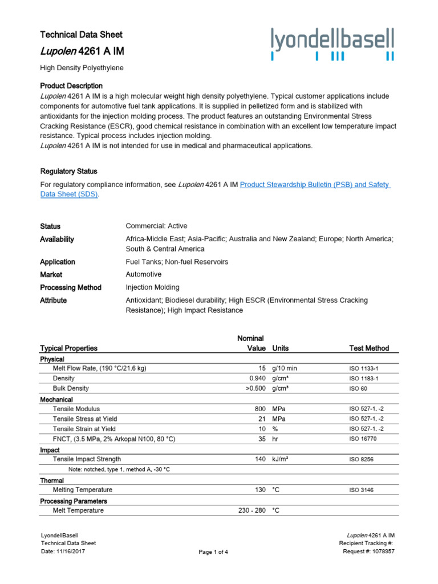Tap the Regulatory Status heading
point(68,171)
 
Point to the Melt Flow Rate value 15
point(262,368)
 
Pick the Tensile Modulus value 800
point(260,409)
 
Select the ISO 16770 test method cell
point(363,439)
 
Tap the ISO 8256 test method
point(361,459)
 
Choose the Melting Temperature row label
point(83,490)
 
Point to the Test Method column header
point(369,348)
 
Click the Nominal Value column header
point(252,343)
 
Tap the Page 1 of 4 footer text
point(213,552)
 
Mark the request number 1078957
point(382,551)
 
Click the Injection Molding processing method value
point(152,287)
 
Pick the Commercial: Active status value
point(156,226)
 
